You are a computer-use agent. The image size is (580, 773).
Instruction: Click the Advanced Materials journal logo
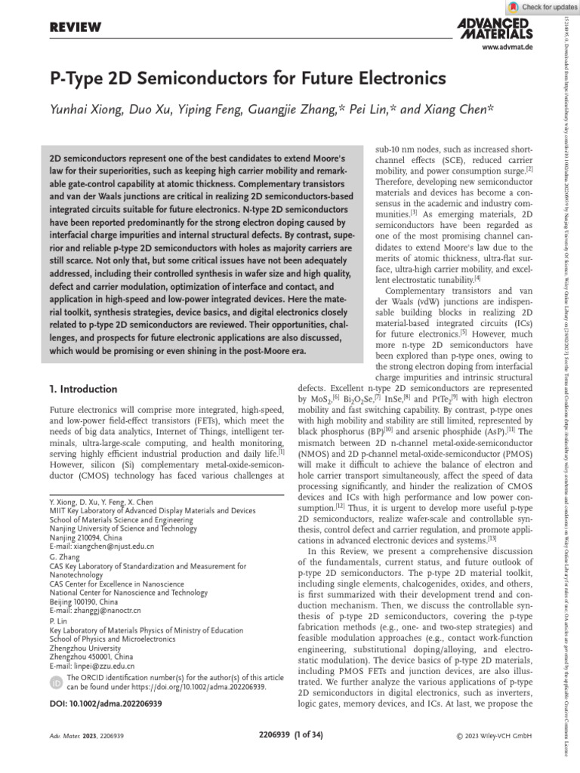495,28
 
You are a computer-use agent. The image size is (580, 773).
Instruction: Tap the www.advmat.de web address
507,48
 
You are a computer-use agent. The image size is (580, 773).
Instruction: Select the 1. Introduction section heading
82,389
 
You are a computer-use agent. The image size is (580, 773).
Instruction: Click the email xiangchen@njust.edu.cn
102,545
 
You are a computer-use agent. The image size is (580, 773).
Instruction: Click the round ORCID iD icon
56,683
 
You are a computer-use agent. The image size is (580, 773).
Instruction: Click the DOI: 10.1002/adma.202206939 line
105,704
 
